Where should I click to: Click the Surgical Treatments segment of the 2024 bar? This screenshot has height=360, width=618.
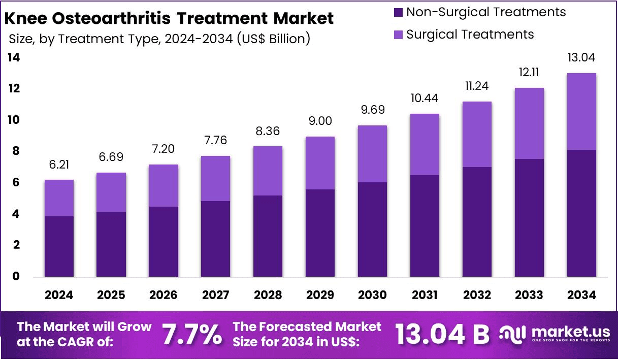[x=59, y=198]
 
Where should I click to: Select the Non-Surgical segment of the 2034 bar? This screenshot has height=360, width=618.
[x=581, y=213]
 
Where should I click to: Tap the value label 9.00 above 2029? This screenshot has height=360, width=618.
[x=320, y=122]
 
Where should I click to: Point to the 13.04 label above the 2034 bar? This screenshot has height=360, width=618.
[x=581, y=58]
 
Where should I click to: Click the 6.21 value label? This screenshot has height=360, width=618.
[x=59, y=165]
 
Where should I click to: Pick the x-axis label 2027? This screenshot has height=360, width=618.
[x=215, y=295]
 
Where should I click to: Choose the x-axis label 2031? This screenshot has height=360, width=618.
[x=424, y=295]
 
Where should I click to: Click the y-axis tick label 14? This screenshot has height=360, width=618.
[x=14, y=58]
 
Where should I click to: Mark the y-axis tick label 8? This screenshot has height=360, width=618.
[x=16, y=151]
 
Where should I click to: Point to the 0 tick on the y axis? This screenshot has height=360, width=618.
[x=16, y=277]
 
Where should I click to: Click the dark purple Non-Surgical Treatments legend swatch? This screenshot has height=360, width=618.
[x=398, y=12]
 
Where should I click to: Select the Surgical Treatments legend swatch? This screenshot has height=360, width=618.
[x=398, y=35]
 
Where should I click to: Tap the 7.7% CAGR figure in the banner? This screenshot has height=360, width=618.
[x=191, y=335]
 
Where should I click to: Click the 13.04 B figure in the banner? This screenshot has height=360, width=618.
[x=442, y=335]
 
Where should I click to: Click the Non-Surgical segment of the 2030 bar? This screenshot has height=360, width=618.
[x=372, y=230]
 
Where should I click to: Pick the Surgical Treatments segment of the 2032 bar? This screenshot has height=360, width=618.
[x=476, y=135]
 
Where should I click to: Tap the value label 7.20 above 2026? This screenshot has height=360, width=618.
[x=163, y=150]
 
